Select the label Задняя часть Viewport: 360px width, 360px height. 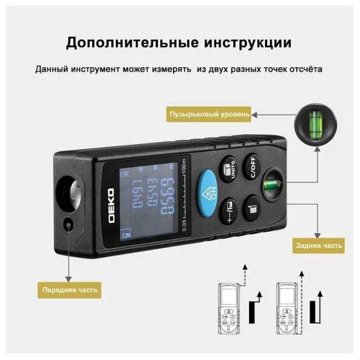318,245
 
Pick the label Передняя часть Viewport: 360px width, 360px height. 70,290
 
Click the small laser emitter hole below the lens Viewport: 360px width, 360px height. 69,224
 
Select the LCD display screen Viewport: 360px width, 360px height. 147,201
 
